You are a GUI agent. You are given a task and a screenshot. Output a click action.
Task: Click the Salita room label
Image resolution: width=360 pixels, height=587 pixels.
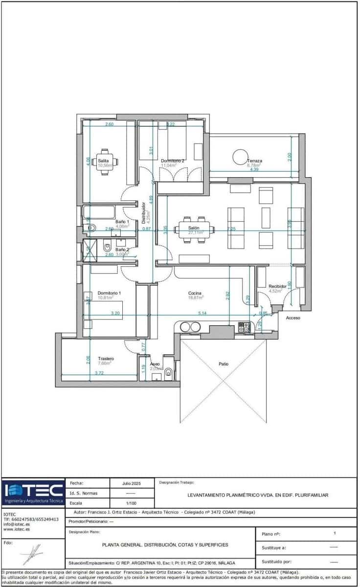103,160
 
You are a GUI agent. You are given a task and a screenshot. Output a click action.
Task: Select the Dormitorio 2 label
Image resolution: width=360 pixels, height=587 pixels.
173,161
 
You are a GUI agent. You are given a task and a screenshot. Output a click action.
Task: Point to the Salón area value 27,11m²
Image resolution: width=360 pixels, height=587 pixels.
196,233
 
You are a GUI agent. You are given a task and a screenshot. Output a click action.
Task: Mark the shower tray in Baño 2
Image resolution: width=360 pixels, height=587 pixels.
88,250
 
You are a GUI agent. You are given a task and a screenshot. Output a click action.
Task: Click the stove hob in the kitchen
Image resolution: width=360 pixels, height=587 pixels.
244,328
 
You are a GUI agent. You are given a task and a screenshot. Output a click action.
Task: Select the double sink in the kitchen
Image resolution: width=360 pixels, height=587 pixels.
190,327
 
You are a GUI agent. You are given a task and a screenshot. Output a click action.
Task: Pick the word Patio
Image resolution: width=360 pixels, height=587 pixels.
224,364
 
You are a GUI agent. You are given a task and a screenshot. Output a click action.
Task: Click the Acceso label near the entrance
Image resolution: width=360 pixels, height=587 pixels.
293,318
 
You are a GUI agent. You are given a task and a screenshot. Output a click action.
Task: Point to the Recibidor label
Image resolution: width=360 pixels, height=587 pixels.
277,287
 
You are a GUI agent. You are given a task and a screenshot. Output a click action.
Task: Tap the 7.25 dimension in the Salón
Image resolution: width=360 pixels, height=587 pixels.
231,228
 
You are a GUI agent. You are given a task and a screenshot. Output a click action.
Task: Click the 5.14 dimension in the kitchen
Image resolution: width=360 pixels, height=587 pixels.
202,313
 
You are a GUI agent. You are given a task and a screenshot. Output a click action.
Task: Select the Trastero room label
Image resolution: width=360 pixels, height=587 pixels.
106,359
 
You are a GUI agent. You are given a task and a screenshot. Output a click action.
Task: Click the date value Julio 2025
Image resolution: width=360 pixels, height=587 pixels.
131,483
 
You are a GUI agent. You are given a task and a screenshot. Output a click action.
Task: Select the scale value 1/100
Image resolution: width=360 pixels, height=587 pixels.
131,503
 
